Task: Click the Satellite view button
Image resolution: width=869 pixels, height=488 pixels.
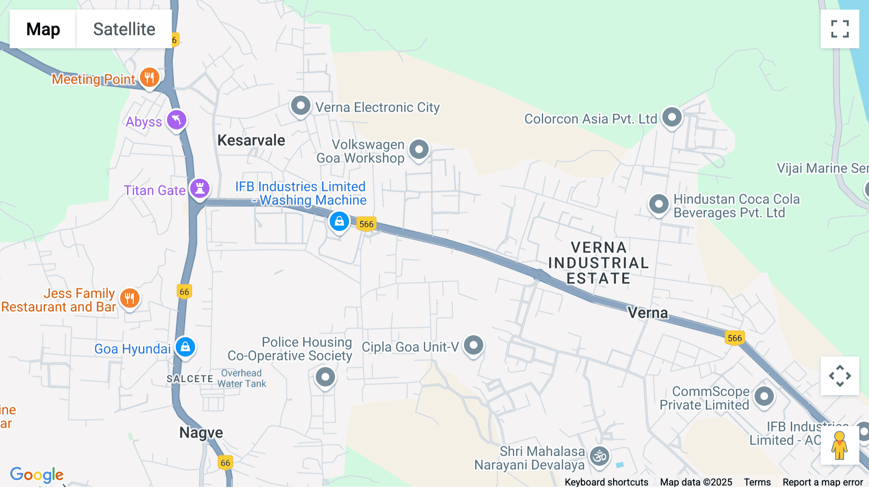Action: pos(124,29)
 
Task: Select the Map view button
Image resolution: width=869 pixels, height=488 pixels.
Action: pos(43,29)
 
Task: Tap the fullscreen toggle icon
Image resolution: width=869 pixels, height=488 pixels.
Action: pos(840,29)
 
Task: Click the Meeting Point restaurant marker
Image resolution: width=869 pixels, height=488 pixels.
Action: pos(150,77)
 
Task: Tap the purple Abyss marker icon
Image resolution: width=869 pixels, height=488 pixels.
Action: pos(177,120)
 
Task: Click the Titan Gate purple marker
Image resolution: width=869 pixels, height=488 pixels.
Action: pos(200,188)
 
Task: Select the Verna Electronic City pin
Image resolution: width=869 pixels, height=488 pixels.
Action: pos(300,105)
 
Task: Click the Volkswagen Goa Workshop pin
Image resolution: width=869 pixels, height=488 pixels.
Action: pos(419,150)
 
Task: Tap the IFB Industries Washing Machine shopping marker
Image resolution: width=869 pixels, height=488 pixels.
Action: pos(339,222)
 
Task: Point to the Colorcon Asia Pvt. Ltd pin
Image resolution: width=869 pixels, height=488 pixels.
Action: pos(672,117)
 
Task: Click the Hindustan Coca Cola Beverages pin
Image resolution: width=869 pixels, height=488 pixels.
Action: pos(659,204)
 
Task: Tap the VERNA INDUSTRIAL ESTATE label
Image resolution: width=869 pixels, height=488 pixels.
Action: pos(599,263)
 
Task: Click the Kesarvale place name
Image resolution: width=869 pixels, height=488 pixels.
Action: pos(251,141)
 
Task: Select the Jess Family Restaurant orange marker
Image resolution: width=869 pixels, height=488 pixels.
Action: pos(129,299)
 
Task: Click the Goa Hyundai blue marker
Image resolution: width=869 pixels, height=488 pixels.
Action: pos(185,347)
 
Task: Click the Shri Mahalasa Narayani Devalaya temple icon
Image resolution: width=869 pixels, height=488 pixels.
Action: pos(600,456)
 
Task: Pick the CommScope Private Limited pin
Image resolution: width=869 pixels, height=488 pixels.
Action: pos(764,397)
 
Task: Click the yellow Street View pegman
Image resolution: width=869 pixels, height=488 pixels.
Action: pos(840,445)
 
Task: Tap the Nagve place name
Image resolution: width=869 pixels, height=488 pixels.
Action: pos(201,432)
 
